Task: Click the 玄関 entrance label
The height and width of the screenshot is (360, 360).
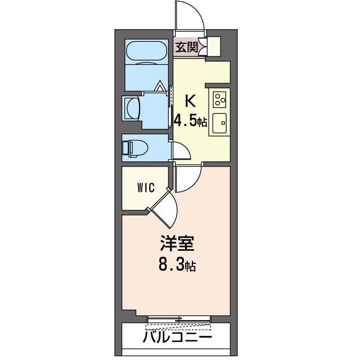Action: point(186,48)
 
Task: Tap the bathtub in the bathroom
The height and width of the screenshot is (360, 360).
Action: point(146,53)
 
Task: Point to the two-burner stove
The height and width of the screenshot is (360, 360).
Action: point(219,99)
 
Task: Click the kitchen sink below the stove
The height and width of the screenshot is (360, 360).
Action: point(219,121)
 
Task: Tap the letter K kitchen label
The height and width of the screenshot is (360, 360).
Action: point(190,102)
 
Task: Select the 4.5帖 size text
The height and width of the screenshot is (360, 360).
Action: point(190,121)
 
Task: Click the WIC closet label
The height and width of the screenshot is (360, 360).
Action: point(145,188)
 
